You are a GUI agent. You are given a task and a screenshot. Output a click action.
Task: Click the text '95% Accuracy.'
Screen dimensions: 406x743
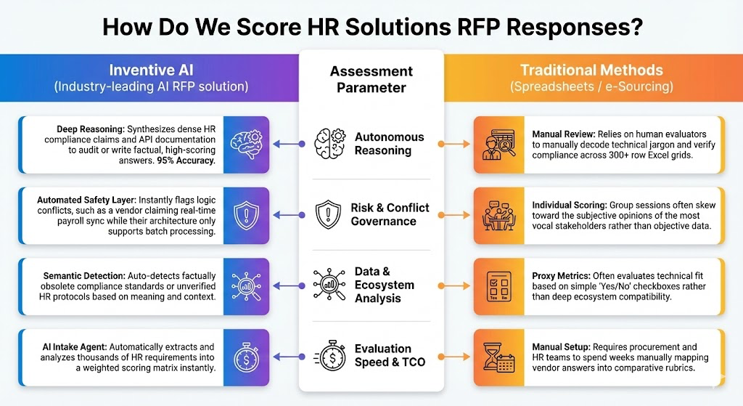[185, 161]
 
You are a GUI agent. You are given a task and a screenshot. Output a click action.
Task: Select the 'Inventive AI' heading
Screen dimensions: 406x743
[152, 70]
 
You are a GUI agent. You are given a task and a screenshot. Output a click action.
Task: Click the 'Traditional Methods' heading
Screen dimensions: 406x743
[591, 70]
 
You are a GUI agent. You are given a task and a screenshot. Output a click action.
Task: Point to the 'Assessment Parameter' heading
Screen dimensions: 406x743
[371, 79]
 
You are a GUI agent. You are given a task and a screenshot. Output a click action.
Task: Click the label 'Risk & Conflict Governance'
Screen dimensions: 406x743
[390, 214]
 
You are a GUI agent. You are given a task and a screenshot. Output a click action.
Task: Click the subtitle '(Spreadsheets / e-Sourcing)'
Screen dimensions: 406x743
[591, 87]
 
